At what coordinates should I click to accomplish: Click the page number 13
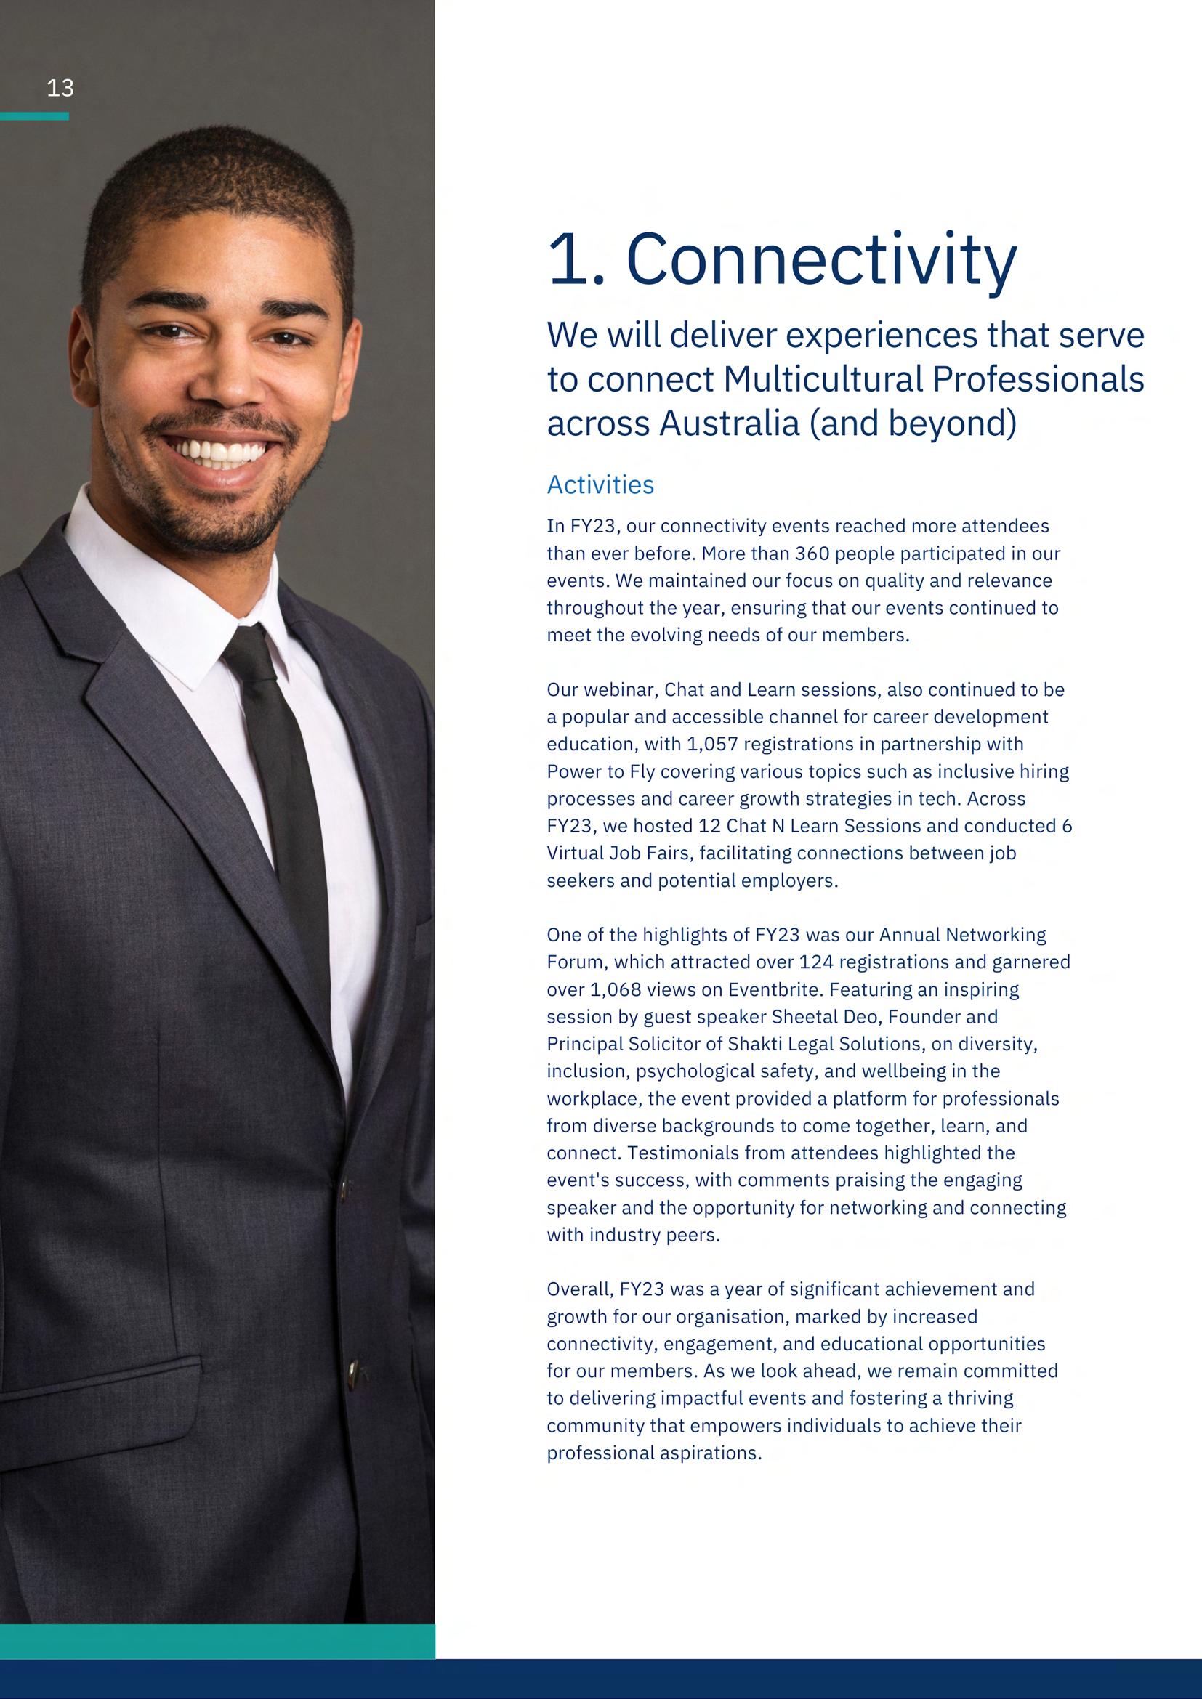pyautogui.click(x=60, y=89)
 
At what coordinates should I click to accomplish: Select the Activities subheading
pyautogui.click(x=600, y=484)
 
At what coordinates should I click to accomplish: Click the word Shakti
pyautogui.click(x=756, y=1044)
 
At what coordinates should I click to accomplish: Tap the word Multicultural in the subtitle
pyautogui.click(x=822, y=380)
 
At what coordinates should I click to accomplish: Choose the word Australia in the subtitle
pyautogui.click(x=729, y=423)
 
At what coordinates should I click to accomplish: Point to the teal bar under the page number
pyautogui.click(x=34, y=116)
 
